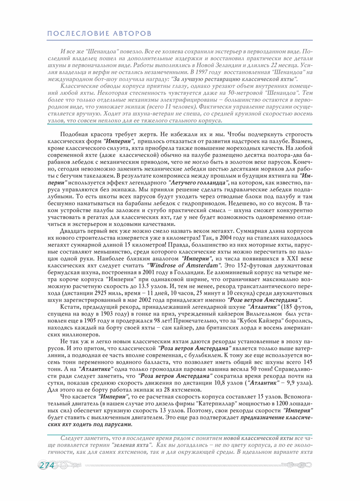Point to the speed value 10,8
pos(223,382)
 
